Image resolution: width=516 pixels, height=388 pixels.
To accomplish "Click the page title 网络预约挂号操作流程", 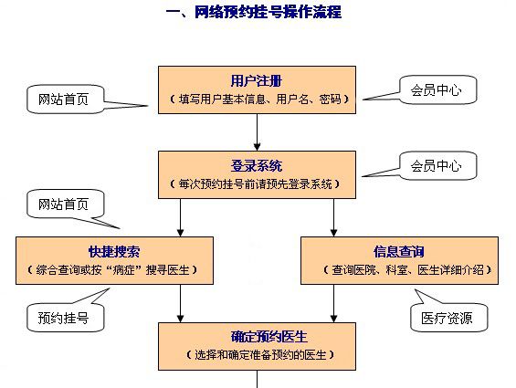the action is coord(254,12).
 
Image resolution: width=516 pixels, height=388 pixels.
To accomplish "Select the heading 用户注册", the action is coord(257,80).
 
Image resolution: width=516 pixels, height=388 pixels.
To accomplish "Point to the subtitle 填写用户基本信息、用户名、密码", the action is coord(259,100).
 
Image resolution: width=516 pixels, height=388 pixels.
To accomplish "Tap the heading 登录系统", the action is coord(257,165).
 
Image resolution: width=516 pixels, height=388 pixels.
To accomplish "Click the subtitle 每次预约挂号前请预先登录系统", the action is coord(255,184).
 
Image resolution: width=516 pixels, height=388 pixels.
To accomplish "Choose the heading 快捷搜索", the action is coord(114,252).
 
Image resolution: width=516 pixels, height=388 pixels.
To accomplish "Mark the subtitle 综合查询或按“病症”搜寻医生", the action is coord(112,270).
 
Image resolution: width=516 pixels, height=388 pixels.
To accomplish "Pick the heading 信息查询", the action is coord(399,252).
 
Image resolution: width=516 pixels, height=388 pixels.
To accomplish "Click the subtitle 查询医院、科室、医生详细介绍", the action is coord(407,270).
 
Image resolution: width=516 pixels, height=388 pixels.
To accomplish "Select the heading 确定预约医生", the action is coord(269,337).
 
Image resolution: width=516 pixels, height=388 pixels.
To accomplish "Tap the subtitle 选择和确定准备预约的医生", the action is coord(260,355).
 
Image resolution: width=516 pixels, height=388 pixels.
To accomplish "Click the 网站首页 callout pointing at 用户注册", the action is coord(65,100).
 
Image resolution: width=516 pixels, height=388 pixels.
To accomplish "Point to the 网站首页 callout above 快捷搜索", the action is coord(65,204).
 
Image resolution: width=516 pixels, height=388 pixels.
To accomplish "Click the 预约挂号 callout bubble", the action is coord(65,318).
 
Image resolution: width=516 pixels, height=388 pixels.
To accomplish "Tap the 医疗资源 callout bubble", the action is coord(448,318).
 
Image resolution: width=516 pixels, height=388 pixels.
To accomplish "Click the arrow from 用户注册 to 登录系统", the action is coord(257,132).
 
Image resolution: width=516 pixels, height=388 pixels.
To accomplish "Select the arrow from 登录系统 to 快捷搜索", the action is coord(180,217).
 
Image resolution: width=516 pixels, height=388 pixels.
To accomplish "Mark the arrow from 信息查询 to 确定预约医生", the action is coord(333,303).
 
